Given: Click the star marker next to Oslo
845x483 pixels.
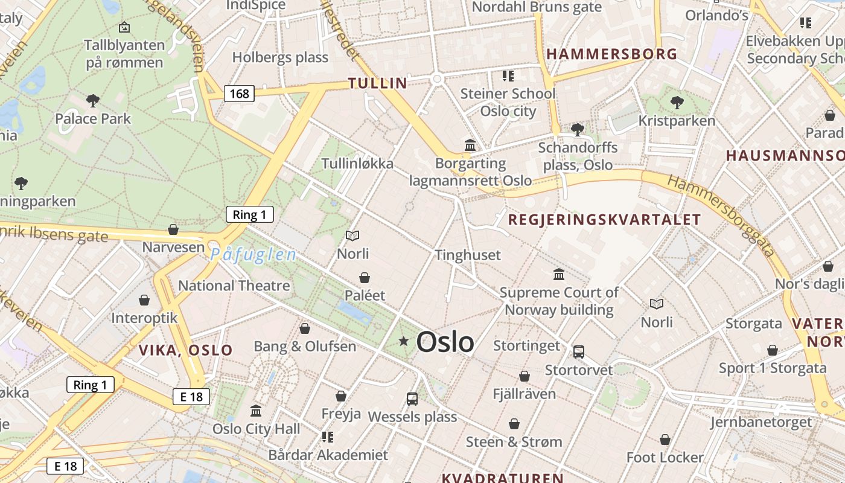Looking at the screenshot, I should (404, 342).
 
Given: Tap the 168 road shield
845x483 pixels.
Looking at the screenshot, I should (239, 94).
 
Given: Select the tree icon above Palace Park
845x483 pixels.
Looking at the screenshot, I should (92, 100).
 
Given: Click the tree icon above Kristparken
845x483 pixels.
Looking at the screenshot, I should (677, 103).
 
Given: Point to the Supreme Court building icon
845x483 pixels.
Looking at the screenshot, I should (559, 275).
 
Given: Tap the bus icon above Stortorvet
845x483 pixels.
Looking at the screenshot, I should (578, 351).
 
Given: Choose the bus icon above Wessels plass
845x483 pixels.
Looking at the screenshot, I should (412, 398).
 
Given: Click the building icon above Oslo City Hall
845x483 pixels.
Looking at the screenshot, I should (256, 411).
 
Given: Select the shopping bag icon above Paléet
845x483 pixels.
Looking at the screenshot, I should (365, 278).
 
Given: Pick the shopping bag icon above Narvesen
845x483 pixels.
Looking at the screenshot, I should (173, 229).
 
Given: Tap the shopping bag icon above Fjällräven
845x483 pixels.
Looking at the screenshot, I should (524, 376).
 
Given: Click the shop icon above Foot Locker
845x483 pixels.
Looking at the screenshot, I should (665, 440).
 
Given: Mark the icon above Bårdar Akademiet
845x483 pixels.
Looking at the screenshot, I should (328, 437).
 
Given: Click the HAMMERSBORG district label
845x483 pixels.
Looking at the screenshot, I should (611, 54).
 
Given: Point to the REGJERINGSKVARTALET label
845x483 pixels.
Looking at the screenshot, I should (604, 220).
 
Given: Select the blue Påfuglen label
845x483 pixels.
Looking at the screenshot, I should (253, 255).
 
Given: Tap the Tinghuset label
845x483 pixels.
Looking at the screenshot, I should (468, 255).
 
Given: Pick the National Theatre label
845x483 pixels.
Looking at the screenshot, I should (234, 286).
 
